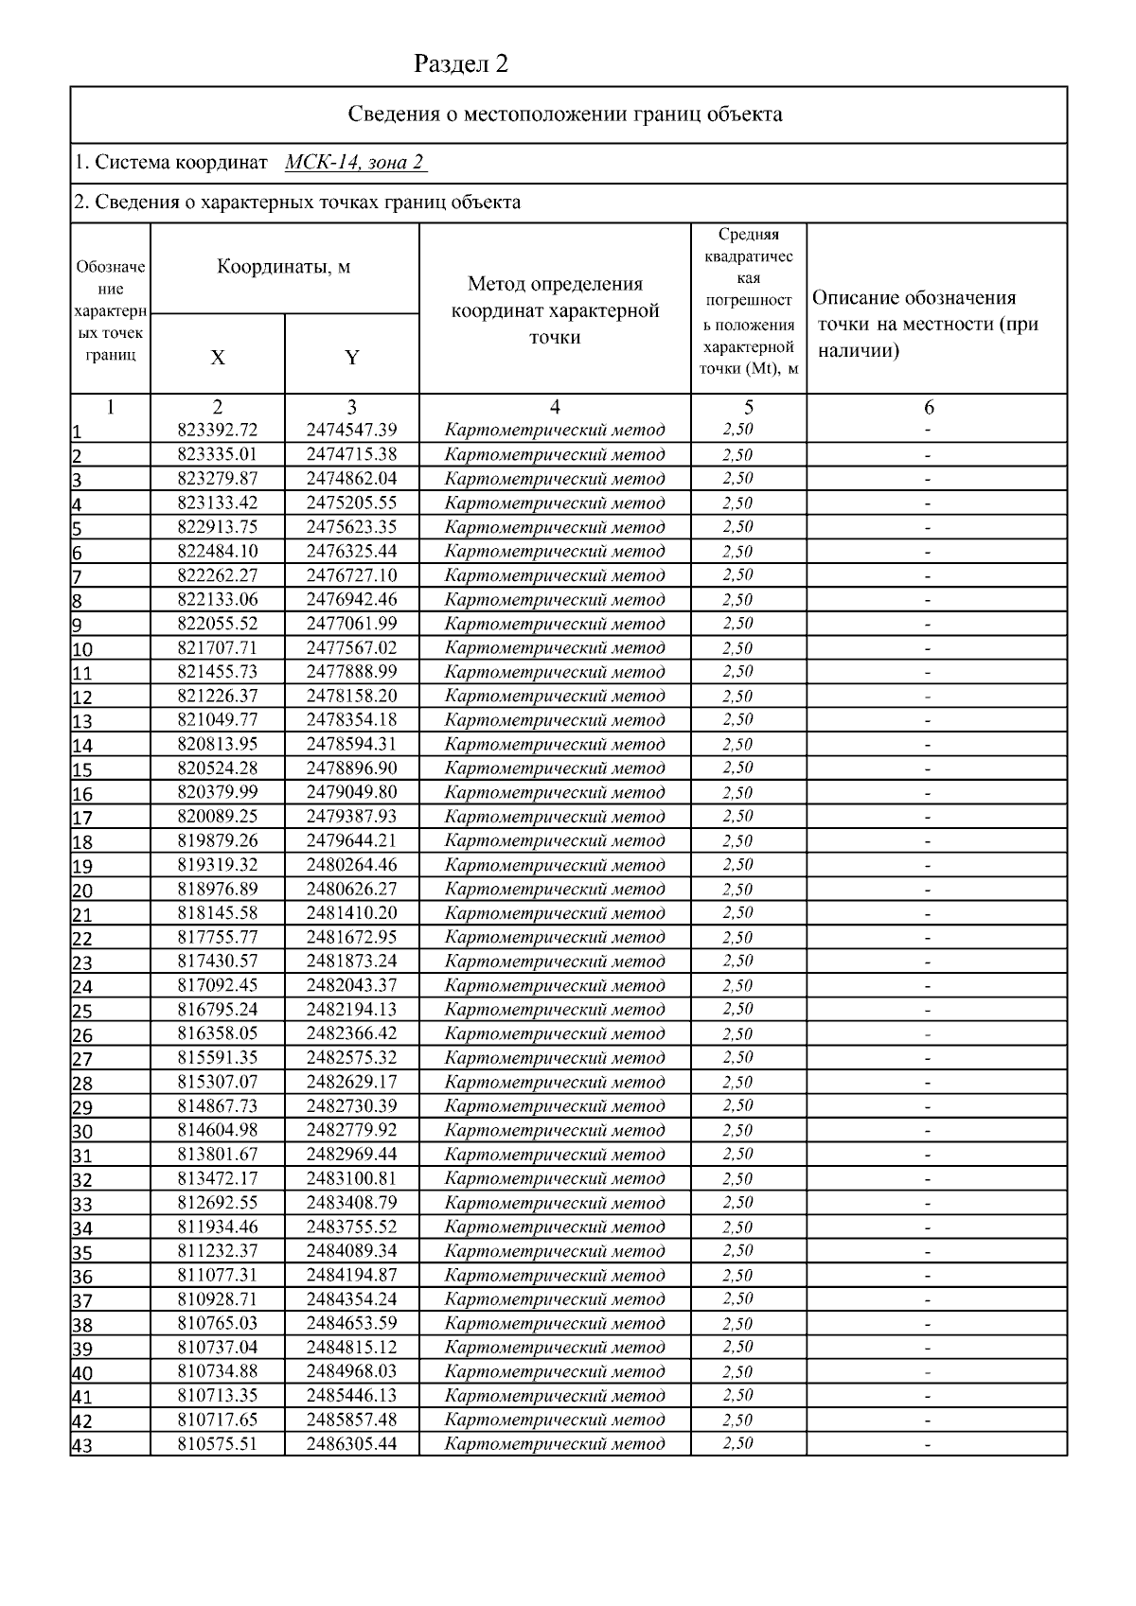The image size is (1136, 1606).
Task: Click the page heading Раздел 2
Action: click(x=461, y=64)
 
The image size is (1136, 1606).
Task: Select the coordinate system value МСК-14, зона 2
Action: click(x=354, y=163)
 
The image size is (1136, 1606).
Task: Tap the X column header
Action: click(x=218, y=358)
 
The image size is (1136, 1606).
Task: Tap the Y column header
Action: click(x=351, y=358)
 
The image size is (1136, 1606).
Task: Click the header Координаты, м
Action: click(x=284, y=267)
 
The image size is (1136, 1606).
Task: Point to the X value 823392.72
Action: click(x=218, y=431)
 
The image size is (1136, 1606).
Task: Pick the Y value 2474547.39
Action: click(x=351, y=431)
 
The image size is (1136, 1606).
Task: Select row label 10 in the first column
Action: click(x=83, y=649)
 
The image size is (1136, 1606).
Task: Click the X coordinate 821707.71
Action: click(x=218, y=647)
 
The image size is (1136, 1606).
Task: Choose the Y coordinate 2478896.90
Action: click(x=351, y=768)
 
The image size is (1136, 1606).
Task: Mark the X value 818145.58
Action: click(x=218, y=913)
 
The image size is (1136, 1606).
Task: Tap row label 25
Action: click(x=83, y=1011)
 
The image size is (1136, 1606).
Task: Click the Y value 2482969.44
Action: click(x=351, y=1155)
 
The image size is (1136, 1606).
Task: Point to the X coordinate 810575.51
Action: click(x=218, y=1444)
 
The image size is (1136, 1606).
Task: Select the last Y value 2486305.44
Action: click(x=351, y=1444)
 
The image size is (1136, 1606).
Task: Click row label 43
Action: click(x=83, y=1445)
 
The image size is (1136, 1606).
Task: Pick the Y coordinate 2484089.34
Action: click(x=351, y=1251)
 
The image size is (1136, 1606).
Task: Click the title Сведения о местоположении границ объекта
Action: click(x=565, y=115)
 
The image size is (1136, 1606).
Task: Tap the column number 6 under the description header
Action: click(x=929, y=408)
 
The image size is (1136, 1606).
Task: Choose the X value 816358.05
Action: click(x=218, y=1033)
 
